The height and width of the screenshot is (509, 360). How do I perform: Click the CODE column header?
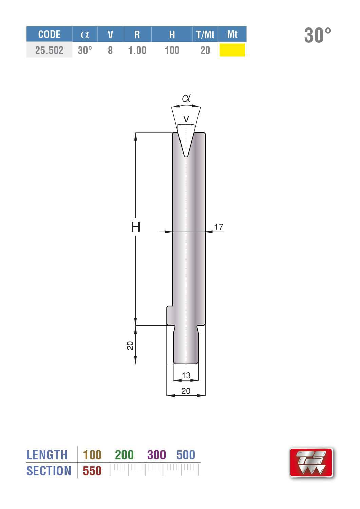tap(49, 35)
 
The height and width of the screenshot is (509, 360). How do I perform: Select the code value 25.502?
tap(49, 50)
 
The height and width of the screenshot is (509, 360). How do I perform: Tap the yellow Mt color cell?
tap(232, 50)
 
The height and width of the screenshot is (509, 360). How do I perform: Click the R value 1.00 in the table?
tap(137, 50)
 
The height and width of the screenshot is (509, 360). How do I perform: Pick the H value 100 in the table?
tap(172, 50)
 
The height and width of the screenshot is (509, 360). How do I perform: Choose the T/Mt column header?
tap(205, 35)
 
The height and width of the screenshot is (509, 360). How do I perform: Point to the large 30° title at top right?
tap(318, 35)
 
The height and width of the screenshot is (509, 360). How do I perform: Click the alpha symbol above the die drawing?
tap(186, 98)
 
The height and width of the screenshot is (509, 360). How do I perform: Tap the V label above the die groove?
tap(186, 119)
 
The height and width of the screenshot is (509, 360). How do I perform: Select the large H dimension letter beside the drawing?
tap(136, 227)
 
